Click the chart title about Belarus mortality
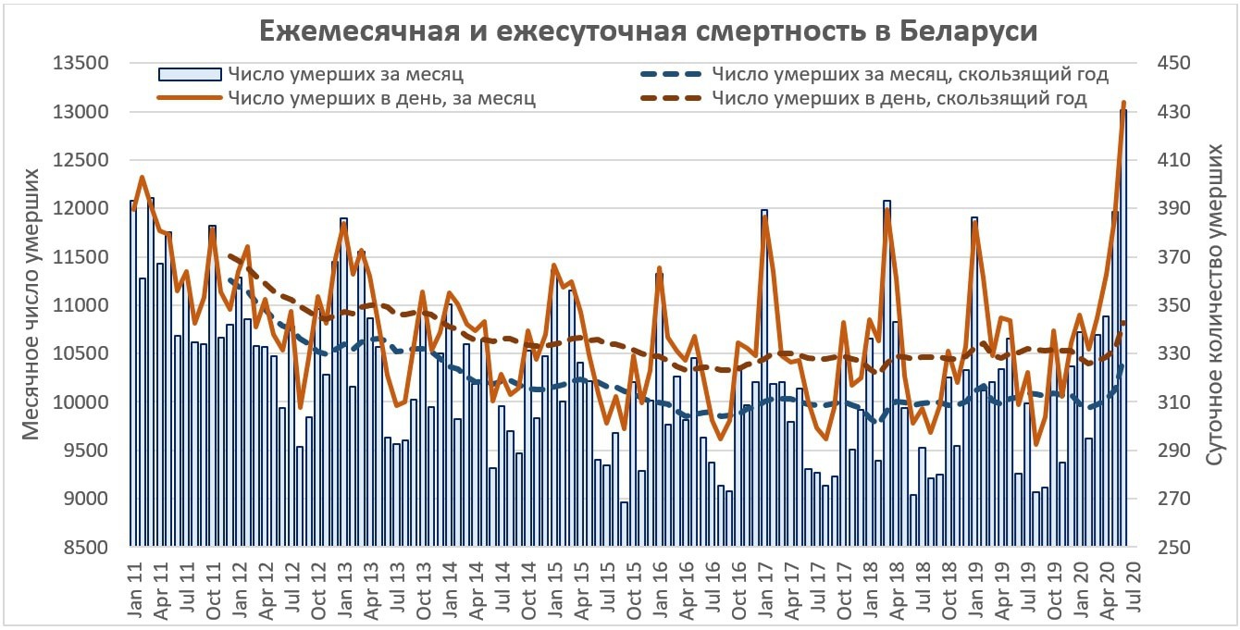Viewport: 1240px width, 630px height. tap(647, 30)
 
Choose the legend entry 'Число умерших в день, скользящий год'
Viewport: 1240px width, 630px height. tap(899, 97)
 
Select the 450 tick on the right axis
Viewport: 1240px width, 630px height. tap(1165, 64)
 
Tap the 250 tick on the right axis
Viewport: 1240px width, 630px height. tap(1165, 548)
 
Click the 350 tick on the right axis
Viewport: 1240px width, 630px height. tap(1165, 305)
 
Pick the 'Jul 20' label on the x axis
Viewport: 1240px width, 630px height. tap(1123, 585)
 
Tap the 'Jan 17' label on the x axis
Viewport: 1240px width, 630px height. tap(765, 585)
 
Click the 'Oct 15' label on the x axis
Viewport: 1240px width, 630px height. tap(634, 585)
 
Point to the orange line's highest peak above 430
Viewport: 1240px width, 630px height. tap(1123, 103)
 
